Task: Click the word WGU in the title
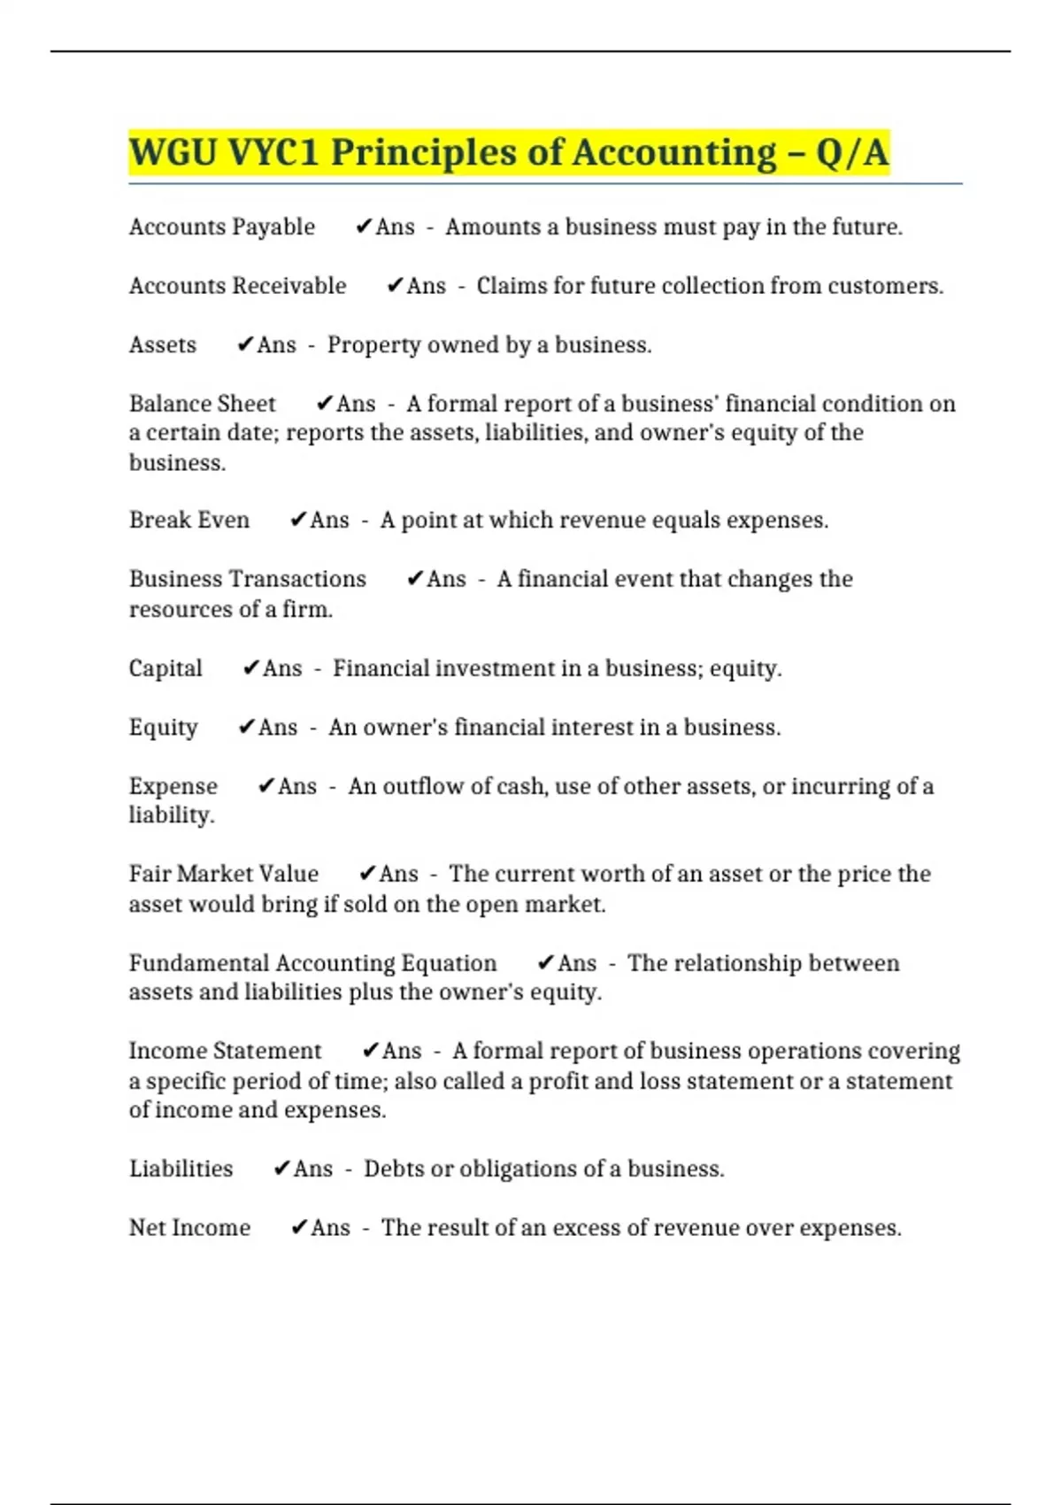[x=173, y=152]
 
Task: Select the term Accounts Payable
[x=221, y=228]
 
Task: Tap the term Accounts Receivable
[x=237, y=286]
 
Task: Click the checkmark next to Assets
[x=245, y=345]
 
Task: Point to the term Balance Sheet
[x=202, y=404]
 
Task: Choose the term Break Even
[x=189, y=521]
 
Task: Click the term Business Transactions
[x=247, y=579]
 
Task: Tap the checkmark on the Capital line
[x=250, y=668]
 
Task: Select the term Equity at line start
[x=163, y=728]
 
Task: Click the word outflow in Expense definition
[x=416, y=786]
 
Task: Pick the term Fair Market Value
[x=223, y=874]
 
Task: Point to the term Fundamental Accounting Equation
[x=312, y=963]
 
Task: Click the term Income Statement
[x=225, y=1051]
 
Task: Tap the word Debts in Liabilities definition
[x=394, y=1169]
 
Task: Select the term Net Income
[x=189, y=1228]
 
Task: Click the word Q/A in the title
[x=851, y=152]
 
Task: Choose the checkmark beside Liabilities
[x=281, y=1169]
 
